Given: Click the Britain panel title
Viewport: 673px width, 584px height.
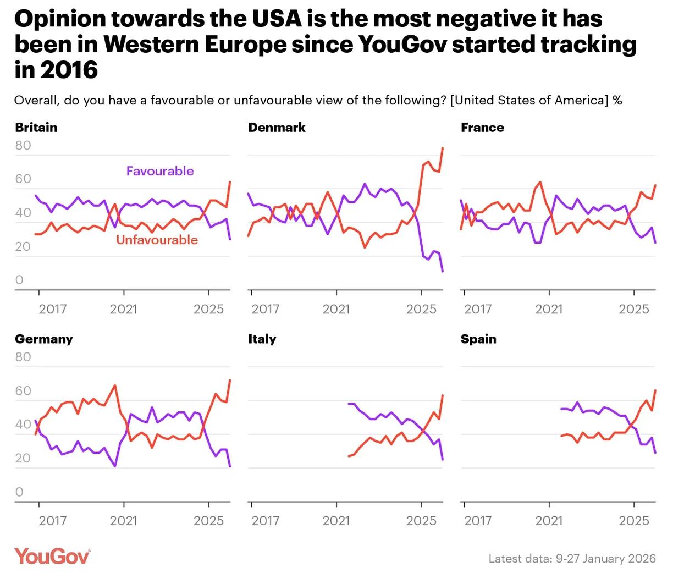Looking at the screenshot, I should [36, 128].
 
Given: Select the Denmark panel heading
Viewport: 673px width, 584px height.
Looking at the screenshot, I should [277, 128].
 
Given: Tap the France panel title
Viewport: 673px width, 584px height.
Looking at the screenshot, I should [482, 128].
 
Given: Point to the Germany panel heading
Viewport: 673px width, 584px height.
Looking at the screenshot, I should [44, 339].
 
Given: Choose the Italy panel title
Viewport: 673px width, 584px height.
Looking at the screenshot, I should [262, 339].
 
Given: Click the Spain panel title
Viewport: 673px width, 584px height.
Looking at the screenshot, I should [478, 339].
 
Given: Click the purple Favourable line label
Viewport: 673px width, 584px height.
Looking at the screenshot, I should [160, 171].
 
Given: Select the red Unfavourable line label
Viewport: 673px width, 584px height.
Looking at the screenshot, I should [157, 240].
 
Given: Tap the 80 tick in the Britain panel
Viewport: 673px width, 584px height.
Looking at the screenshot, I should [23, 146].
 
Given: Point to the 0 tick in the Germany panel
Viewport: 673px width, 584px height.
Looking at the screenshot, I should [19, 492].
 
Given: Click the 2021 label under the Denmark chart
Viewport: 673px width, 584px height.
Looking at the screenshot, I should [336, 309].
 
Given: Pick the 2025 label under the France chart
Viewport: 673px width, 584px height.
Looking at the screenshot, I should [634, 309].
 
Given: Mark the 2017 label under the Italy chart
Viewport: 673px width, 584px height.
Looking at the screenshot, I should [266, 520].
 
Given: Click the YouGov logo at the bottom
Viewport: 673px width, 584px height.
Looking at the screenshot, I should [53, 557].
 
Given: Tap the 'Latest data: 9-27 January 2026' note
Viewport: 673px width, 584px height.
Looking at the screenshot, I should [572, 559].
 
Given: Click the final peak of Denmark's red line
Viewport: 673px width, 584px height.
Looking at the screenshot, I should [443, 148].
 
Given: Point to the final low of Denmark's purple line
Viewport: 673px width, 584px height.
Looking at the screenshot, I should [443, 271].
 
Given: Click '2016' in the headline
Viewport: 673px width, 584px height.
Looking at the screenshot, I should [70, 69].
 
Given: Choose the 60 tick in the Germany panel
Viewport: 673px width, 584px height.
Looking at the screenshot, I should [23, 391].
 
